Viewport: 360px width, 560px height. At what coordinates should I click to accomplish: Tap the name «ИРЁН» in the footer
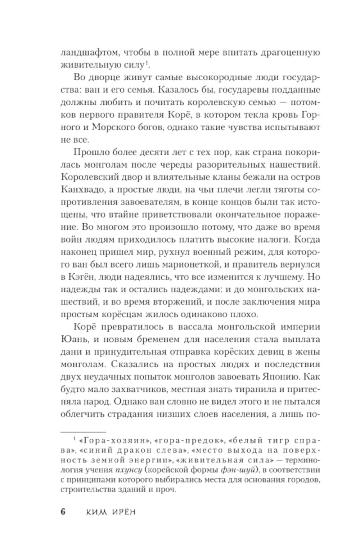pyautogui.click(x=122, y=512)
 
